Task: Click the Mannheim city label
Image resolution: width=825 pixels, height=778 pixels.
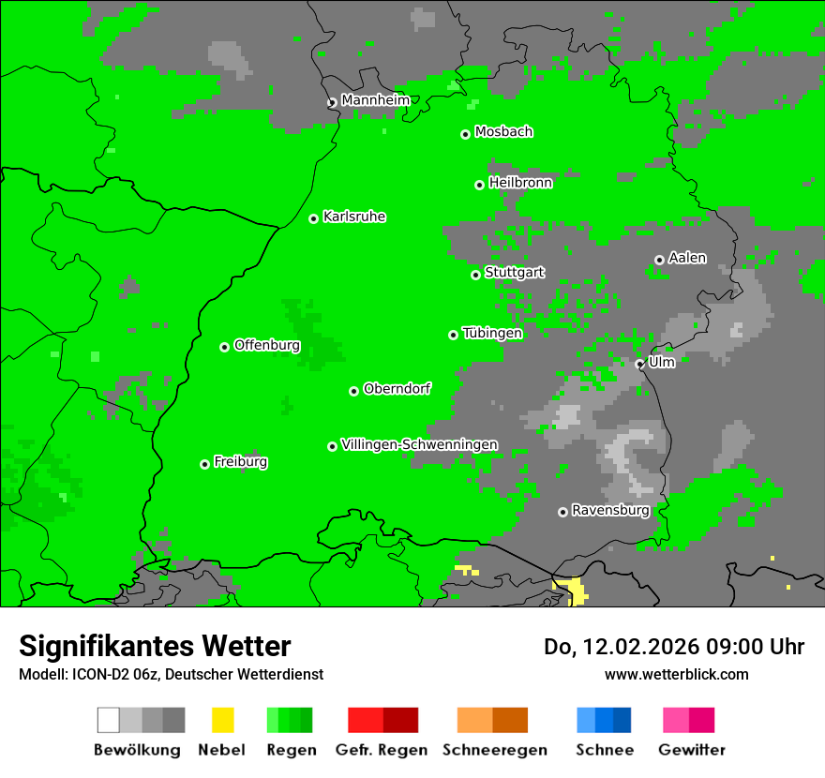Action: [x=375, y=100]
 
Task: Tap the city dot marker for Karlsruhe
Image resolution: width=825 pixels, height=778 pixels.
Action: [x=314, y=218]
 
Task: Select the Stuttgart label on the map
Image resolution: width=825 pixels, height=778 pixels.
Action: [x=514, y=273]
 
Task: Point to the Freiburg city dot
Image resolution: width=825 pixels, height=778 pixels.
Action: [x=204, y=464]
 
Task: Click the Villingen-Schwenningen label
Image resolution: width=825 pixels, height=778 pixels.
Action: [x=419, y=445]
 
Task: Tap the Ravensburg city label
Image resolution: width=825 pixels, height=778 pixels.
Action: [x=610, y=511]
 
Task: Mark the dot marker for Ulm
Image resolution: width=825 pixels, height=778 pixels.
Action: [x=639, y=364]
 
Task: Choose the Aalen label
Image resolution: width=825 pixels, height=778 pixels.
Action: [x=687, y=258]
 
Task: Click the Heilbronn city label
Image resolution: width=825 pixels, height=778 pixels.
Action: [x=520, y=183]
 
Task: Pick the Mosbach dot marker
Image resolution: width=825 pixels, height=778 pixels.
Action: [x=465, y=134]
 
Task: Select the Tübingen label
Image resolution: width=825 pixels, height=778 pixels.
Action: [x=492, y=334]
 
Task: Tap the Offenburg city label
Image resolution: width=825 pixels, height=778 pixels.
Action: [x=267, y=345]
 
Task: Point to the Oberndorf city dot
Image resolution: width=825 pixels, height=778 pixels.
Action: [x=353, y=391]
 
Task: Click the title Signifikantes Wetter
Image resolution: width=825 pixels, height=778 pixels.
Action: [x=155, y=646]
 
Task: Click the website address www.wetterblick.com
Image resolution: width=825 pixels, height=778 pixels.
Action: [x=676, y=674]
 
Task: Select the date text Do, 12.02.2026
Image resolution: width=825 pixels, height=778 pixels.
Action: [x=620, y=647]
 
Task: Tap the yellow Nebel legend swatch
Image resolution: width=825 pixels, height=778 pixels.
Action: [x=222, y=720]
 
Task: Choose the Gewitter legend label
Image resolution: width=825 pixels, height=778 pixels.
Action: [x=691, y=750]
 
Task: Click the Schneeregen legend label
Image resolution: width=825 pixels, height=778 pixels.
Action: [x=494, y=750]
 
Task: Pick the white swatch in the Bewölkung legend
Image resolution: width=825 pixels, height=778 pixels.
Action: [x=109, y=720]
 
